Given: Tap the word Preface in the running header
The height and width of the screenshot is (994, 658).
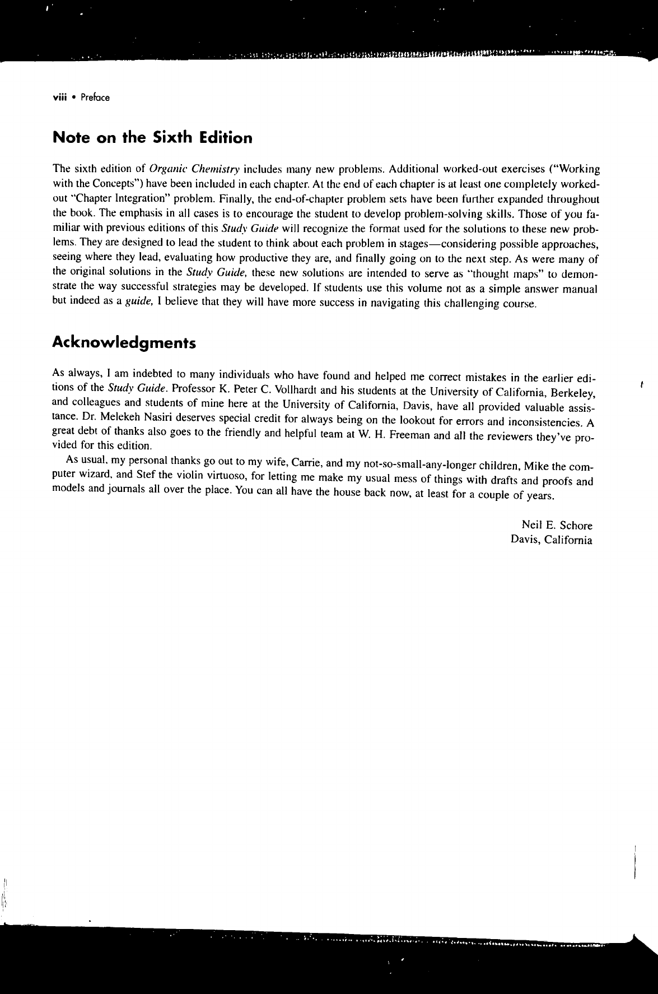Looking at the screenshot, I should pyautogui.click(x=95, y=97).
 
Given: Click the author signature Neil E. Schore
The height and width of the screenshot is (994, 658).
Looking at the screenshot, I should pyautogui.click(x=557, y=526).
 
